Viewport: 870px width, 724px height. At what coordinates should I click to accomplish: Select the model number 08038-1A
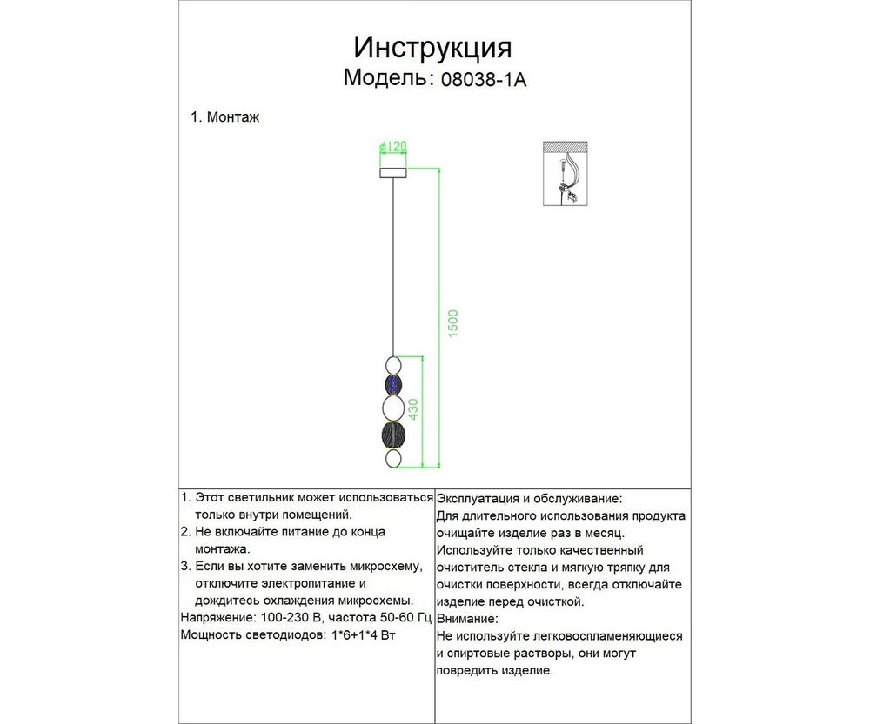pos(485,80)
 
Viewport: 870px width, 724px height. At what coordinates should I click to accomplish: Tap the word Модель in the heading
pos(384,77)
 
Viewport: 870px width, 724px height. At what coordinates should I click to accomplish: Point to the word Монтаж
pos(233,117)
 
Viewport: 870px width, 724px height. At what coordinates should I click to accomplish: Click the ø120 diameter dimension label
pos(394,148)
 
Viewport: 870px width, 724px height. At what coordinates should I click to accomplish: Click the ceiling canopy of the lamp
pos(394,173)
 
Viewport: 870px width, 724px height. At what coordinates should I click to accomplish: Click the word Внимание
pos(468,619)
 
